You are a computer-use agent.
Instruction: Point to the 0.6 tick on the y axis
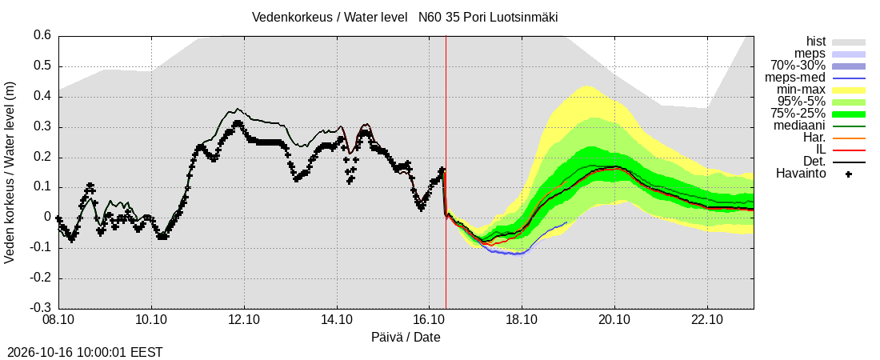[43, 36]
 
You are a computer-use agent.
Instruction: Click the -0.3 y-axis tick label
[41, 308]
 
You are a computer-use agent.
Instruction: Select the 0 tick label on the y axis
[48, 218]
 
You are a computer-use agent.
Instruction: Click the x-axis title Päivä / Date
[406, 337]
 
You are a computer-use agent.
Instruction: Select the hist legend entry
[816, 42]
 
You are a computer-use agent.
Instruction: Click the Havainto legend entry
[801, 174]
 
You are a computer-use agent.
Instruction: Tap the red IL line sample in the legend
[849, 150]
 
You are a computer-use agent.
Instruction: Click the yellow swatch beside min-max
[849, 90]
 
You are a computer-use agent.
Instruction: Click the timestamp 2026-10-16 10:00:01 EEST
[82, 353]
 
